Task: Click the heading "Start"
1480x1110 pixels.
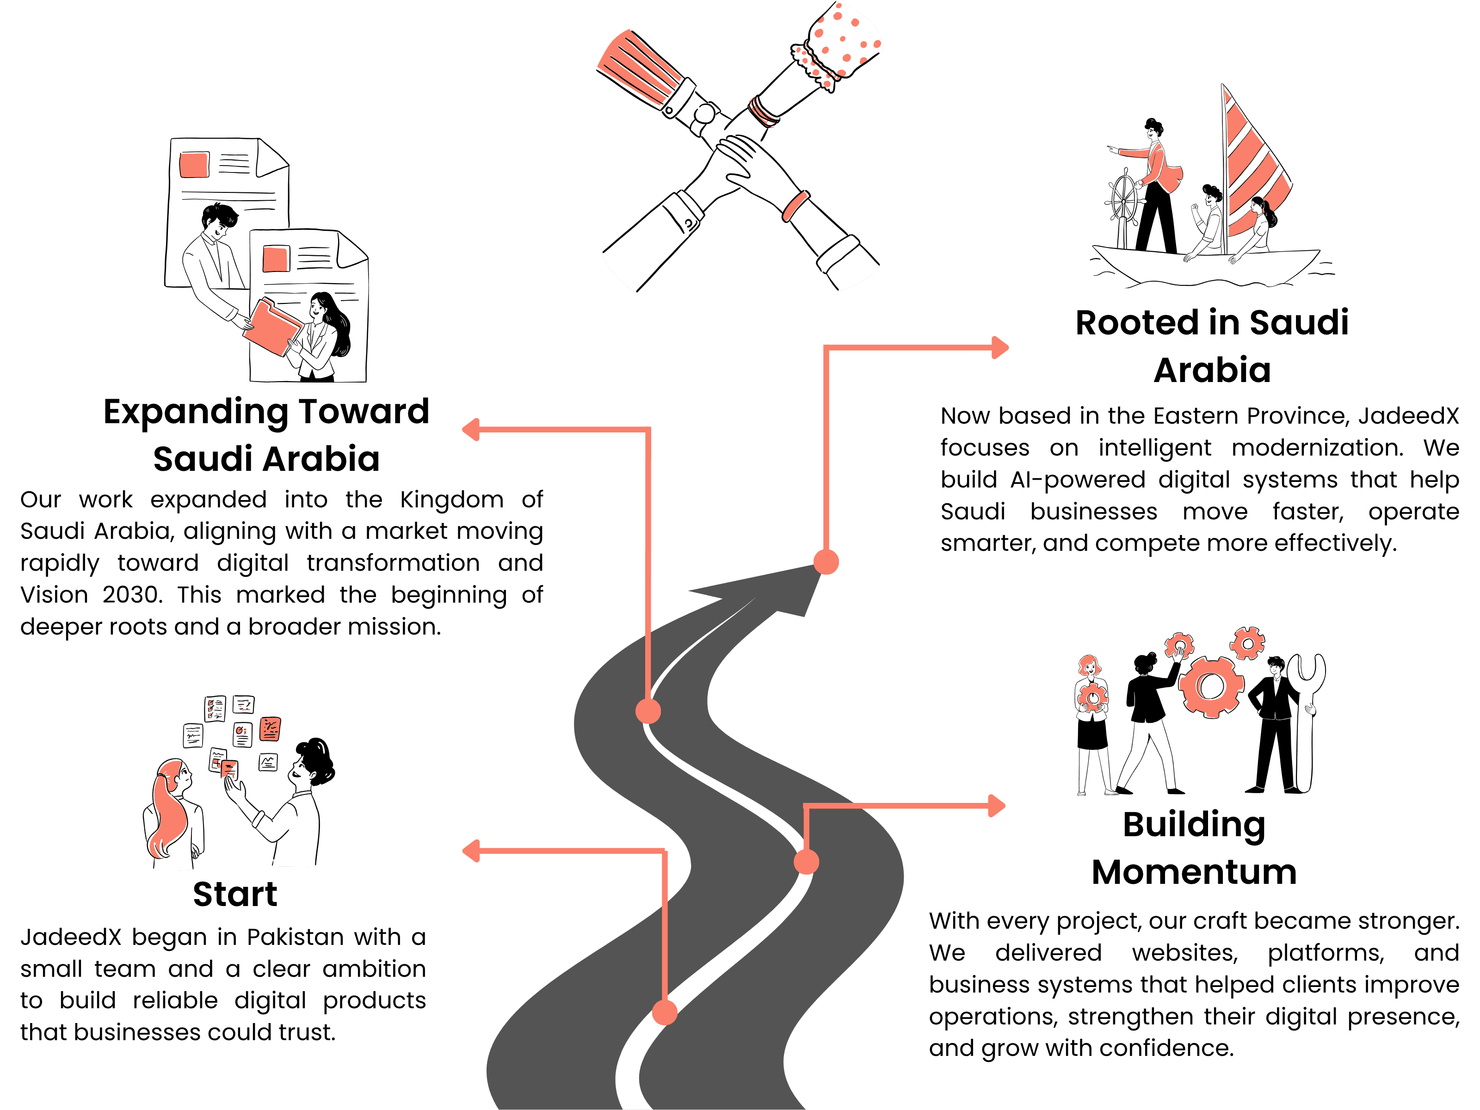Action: click(x=235, y=894)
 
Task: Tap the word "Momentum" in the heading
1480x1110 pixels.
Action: click(x=1194, y=872)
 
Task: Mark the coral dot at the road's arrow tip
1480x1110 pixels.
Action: click(x=826, y=562)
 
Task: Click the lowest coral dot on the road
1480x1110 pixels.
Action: click(x=665, y=1012)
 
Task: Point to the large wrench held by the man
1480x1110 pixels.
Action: click(x=1306, y=719)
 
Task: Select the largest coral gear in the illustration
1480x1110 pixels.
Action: click(x=1211, y=686)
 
